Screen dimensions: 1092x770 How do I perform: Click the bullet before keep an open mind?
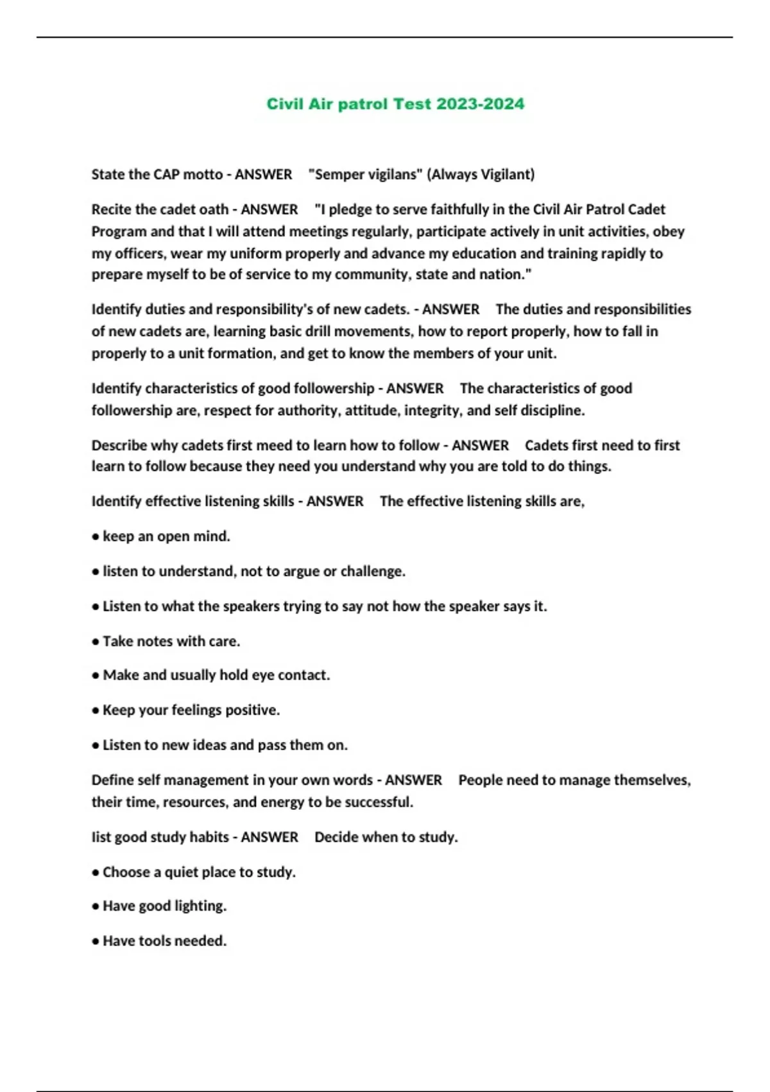[96, 537]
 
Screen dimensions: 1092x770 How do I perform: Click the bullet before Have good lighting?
[96, 907]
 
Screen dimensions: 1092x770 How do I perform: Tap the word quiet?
[182, 872]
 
